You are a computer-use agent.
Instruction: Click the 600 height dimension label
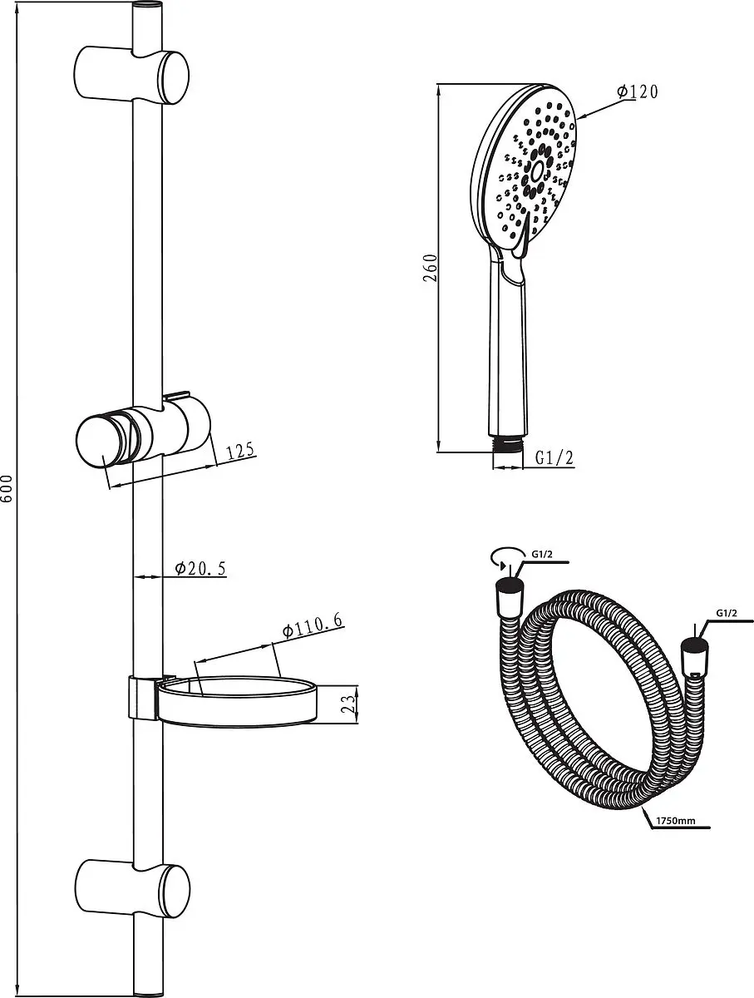tap(7, 489)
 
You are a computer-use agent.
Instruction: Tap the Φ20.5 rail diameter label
tap(201, 568)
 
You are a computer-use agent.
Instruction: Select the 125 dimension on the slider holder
tap(240, 451)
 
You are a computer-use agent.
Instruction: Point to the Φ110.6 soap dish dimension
tap(313, 626)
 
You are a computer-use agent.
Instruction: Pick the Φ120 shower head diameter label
tap(637, 91)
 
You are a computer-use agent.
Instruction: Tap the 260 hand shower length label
tap(430, 268)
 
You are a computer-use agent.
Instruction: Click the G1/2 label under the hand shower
tap(554, 457)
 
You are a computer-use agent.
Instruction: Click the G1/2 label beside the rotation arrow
tap(541, 554)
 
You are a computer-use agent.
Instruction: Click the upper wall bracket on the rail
tap(131, 75)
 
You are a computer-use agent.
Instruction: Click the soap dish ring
tap(237, 703)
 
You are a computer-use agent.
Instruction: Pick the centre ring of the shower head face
tap(537, 171)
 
